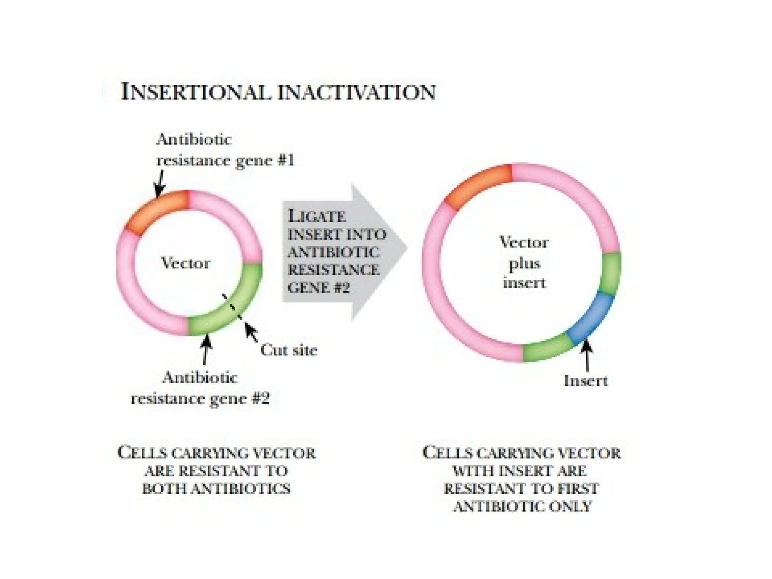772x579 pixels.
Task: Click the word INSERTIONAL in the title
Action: click(x=196, y=92)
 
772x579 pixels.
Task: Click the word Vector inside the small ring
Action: click(x=185, y=263)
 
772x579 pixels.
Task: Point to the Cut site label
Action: click(x=289, y=350)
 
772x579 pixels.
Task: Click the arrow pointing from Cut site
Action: click(x=251, y=332)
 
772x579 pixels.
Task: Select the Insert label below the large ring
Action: click(x=585, y=381)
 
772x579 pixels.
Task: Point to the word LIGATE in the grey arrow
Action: click(x=317, y=216)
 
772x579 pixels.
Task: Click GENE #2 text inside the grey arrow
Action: click(x=319, y=288)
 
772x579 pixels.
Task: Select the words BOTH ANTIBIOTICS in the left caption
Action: click(x=216, y=489)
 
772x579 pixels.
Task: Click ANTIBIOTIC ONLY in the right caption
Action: click(x=522, y=506)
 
